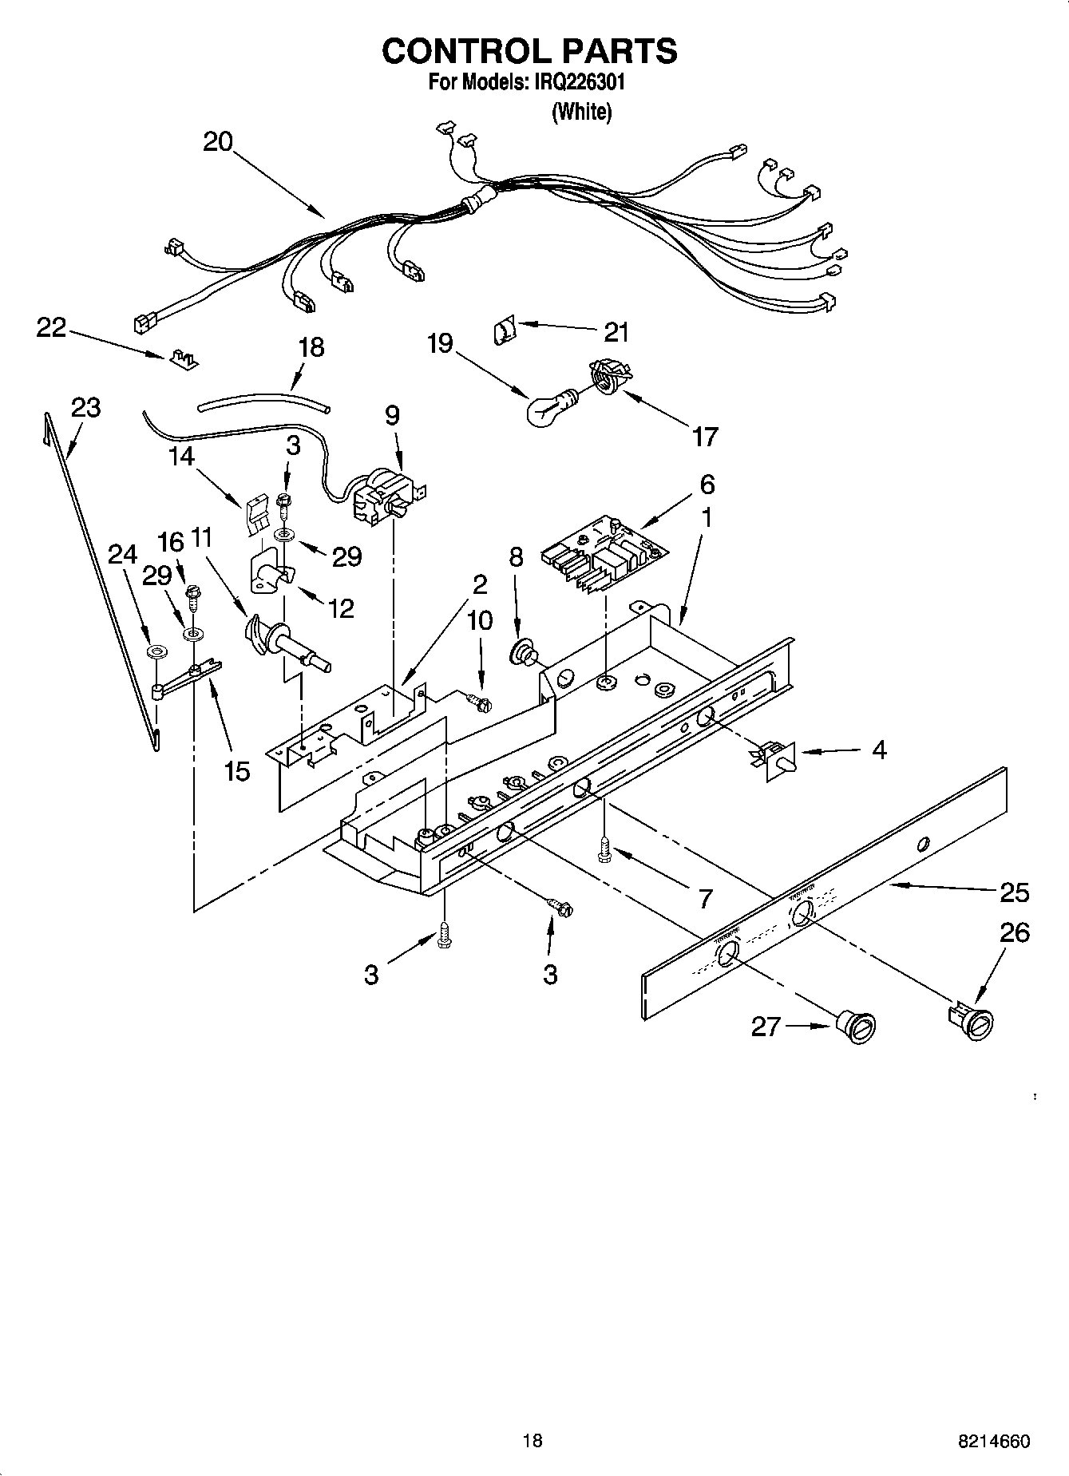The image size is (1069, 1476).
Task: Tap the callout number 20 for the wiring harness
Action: (x=217, y=142)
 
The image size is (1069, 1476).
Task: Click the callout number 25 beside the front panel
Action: (x=1014, y=892)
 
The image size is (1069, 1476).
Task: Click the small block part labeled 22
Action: (x=184, y=360)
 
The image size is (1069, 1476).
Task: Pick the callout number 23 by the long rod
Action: (x=86, y=407)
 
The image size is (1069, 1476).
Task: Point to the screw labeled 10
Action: (x=480, y=702)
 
